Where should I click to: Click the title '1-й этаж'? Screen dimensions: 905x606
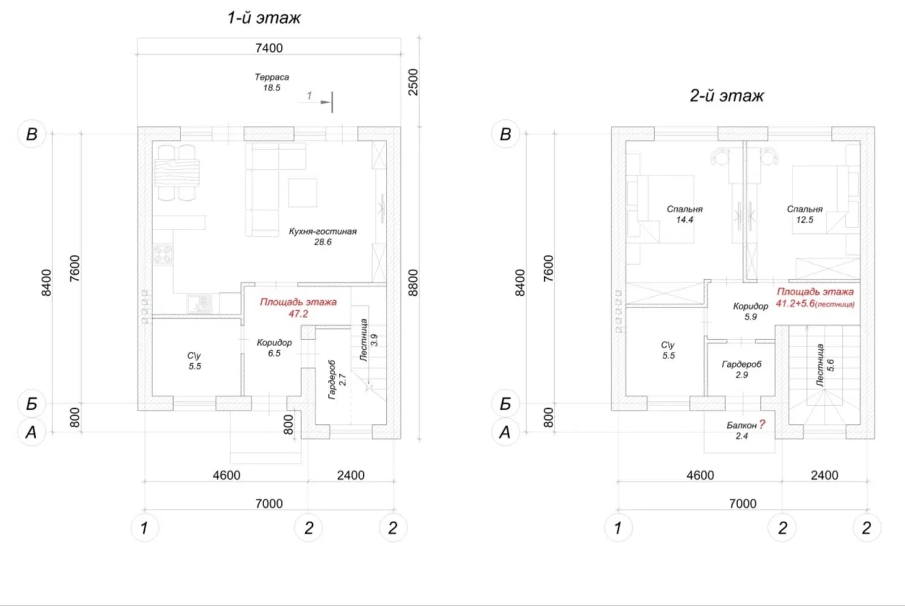(264, 18)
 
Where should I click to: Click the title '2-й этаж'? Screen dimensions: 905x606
(726, 96)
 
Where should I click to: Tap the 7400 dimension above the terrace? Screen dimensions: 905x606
(269, 48)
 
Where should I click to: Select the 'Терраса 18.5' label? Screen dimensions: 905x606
(271, 82)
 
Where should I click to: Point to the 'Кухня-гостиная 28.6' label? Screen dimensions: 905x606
(322, 237)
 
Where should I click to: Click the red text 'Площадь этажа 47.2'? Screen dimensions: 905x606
(298, 308)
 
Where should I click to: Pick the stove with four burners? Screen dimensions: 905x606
(163, 254)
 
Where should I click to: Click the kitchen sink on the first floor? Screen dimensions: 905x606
(199, 304)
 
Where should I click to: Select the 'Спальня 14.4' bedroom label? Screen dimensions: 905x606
(684, 214)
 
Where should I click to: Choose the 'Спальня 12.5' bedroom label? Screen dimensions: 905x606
(804, 214)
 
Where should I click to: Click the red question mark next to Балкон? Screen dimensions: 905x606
(762, 425)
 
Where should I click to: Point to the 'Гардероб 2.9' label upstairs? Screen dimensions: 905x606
(742, 369)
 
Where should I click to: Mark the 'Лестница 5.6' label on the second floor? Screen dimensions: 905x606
(825, 365)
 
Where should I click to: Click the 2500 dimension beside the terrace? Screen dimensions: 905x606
(413, 83)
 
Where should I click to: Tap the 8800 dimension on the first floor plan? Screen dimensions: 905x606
(413, 283)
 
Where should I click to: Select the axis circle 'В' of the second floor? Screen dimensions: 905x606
(506, 133)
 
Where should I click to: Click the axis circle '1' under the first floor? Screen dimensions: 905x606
(144, 527)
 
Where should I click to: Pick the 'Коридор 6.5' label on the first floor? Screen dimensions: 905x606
(274, 348)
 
